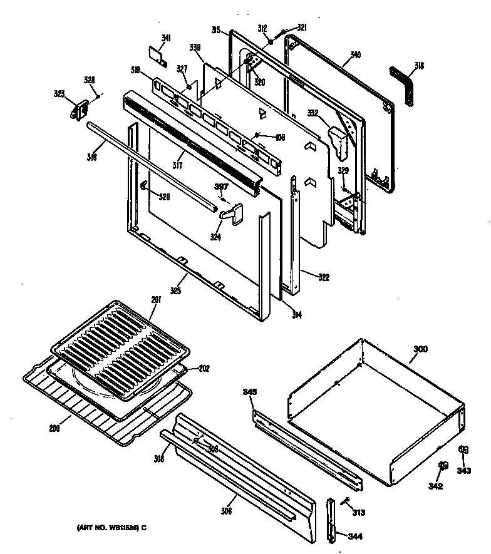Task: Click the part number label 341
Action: (x=165, y=39)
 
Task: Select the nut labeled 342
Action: (x=443, y=466)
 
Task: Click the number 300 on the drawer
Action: (x=420, y=349)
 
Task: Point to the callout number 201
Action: (x=156, y=300)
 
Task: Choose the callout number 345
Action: (x=249, y=392)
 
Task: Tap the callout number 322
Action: (x=323, y=277)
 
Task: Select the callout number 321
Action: (x=302, y=28)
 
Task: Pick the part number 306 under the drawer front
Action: (x=226, y=511)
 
